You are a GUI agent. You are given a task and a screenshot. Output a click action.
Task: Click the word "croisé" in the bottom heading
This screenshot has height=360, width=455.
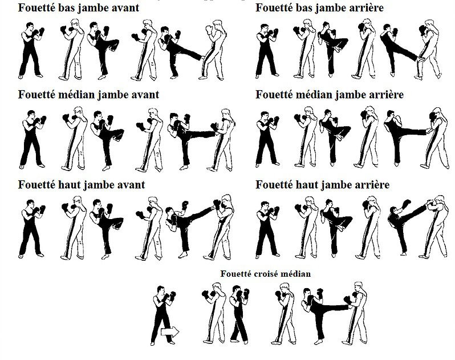click(x=261, y=274)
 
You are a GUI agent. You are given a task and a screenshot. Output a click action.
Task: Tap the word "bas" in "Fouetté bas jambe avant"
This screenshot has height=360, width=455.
click(x=67, y=8)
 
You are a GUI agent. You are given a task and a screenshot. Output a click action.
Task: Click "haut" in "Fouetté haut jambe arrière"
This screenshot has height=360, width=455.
click(x=304, y=185)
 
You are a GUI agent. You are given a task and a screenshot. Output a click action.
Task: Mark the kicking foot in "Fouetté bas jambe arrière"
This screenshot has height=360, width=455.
click(x=420, y=59)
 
